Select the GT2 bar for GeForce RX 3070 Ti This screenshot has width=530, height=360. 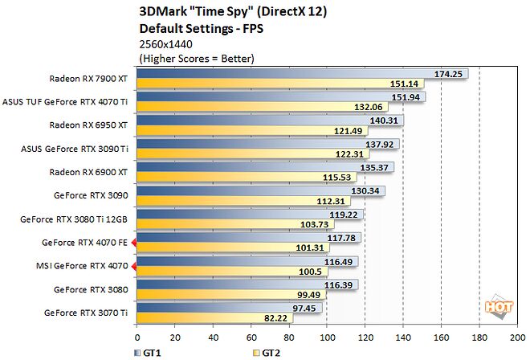click(209, 318)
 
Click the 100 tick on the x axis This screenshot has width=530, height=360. click(328, 337)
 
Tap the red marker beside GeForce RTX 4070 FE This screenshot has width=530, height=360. click(134, 242)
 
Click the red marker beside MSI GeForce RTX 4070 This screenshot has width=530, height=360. click(134, 265)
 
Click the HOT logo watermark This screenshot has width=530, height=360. click(499, 305)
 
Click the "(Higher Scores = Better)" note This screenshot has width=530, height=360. click(197, 59)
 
